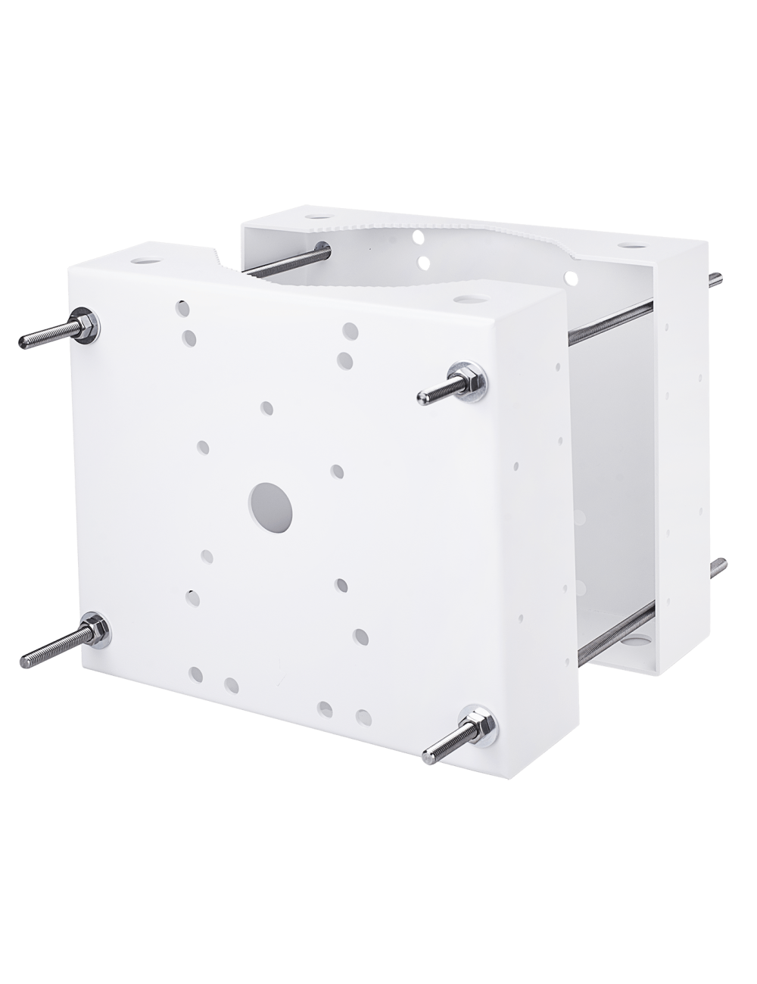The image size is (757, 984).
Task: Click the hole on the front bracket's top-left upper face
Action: click(x=143, y=260)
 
